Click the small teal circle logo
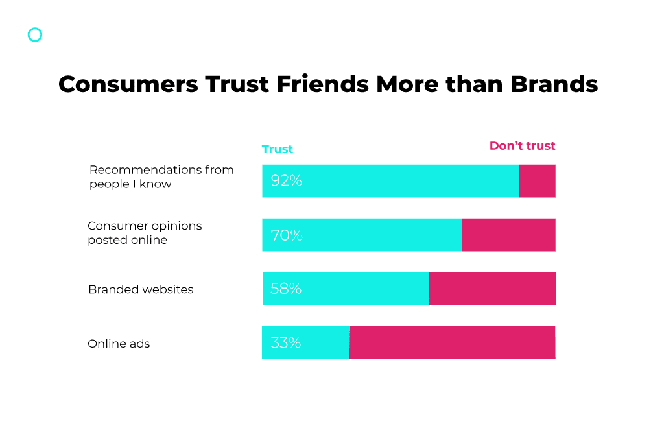click(x=35, y=35)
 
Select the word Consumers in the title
click(x=127, y=84)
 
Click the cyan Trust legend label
click(x=278, y=149)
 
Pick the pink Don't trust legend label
click(x=522, y=146)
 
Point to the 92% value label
click(x=287, y=181)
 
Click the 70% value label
click(x=287, y=235)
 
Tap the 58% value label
click(x=286, y=289)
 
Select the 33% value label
click(x=285, y=342)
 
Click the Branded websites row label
click(x=141, y=289)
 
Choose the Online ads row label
click(x=119, y=344)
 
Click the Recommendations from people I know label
click(x=161, y=176)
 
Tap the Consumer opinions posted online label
click(x=145, y=233)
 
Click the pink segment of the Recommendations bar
click(x=537, y=181)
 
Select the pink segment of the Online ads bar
click(x=452, y=342)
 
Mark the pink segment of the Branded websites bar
click(x=492, y=289)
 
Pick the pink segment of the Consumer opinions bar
click(x=509, y=235)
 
